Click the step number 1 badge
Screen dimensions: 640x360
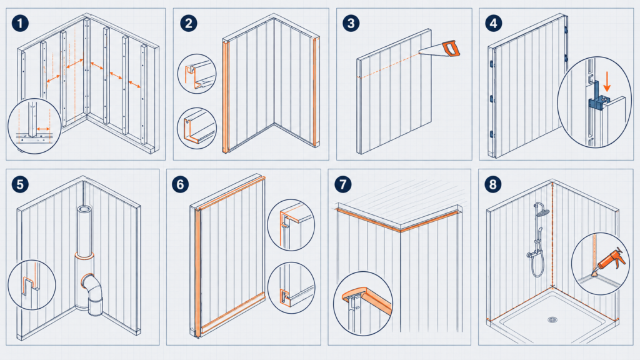click(x=20, y=23)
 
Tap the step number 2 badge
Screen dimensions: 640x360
click(x=189, y=23)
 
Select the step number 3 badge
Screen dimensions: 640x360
click(x=351, y=23)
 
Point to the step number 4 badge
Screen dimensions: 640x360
click(x=494, y=23)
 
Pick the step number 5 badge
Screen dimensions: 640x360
click(x=20, y=184)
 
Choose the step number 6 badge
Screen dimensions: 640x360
click(x=181, y=184)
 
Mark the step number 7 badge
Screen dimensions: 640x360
click(x=343, y=184)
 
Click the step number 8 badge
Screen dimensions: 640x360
click(x=493, y=184)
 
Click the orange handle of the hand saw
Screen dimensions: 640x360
click(x=451, y=49)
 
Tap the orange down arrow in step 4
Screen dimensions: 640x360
click(x=607, y=82)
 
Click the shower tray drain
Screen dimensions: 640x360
click(x=552, y=319)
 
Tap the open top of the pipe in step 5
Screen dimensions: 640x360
click(x=84, y=209)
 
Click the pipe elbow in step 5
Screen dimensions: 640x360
click(x=92, y=286)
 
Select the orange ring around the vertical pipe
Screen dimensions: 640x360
click(x=84, y=256)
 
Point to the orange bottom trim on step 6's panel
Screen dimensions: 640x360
click(x=232, y=312)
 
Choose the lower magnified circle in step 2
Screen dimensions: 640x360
click(x=196, y=128)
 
